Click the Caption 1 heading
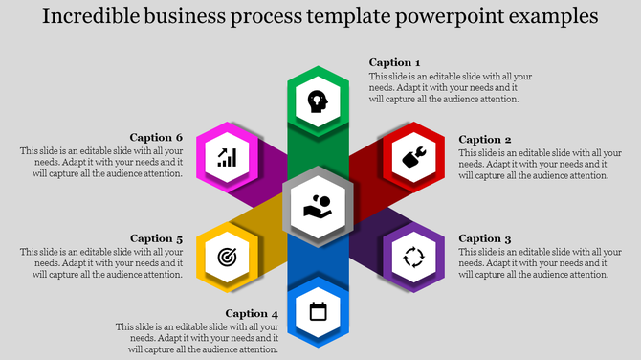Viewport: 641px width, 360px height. (394, 62)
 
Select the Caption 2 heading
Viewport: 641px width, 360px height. (485, 140)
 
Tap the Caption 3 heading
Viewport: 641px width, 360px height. (485, 238)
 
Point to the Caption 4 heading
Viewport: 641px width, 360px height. (253, 313)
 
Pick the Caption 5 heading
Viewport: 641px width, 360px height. (157, 238)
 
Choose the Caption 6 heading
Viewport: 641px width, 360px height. (157, 137)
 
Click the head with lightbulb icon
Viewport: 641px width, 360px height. (319, 101)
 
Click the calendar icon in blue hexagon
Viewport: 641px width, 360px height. (319, 310)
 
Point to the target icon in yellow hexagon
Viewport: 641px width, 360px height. (227, 257)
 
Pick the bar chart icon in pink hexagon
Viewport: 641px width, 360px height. (227, 156)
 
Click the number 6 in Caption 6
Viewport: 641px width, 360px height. (179, 137)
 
